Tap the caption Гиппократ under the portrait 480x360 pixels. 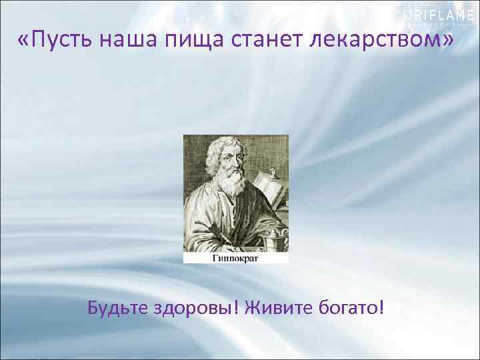coord(236,256)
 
